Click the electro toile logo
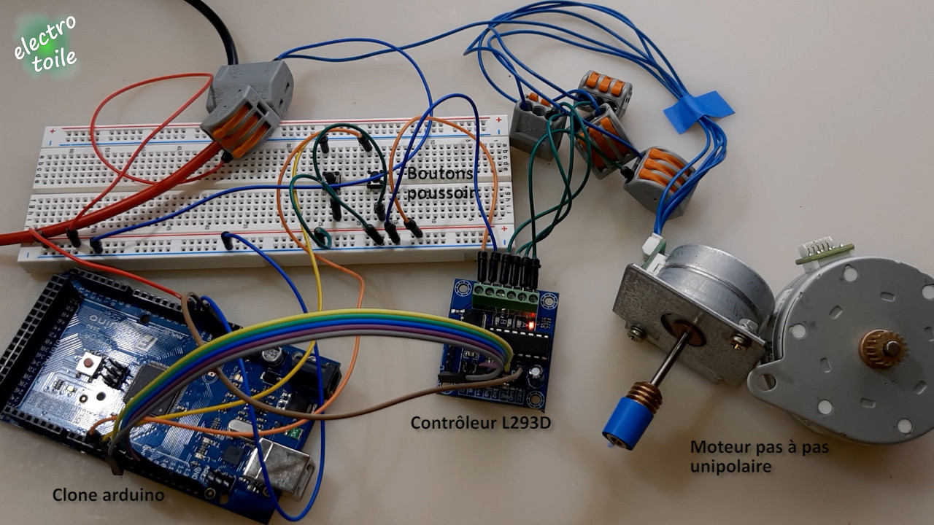tap(45, 45)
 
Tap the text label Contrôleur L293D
tap(480, 422)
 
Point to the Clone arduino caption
tap(108, 495)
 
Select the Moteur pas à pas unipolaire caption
tap(759, 456)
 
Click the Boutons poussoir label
tap(441, 183)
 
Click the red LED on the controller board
tap(531, 324)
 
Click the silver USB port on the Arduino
tap(277, 466)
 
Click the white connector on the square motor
tap(653, 250)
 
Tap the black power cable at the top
tap(217, 26)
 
